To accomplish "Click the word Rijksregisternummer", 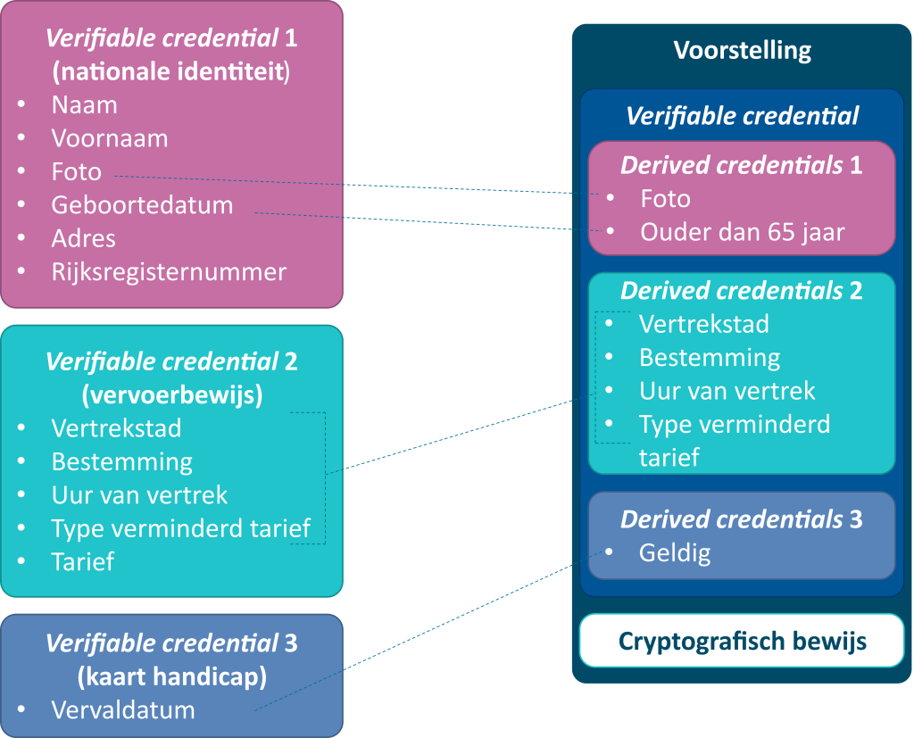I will click(x=169, y=272).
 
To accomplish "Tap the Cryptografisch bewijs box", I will click(x=742, y=641).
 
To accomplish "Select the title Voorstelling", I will click(x=742, y=49).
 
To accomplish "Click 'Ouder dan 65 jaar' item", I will click(x=743, y=232).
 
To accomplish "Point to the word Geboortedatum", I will click(x=142, y=204).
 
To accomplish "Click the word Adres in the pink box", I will click(x=84, y=238).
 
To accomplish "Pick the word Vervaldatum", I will click(x=122, y=710).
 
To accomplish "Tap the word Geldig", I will click(x=675, y=553).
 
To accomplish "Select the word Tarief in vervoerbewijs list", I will click(x=83, y=561).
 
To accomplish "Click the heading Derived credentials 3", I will click(x=741, y=519).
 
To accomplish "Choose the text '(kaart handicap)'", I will click(x=171, y=677).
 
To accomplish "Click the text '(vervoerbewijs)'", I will click(x=171, y=395).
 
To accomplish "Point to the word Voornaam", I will click(x=110, y=138).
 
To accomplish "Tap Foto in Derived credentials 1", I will click(x=665, y=198).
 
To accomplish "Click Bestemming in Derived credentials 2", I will click(x=710, y=358).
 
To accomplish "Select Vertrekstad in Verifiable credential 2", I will click(x=116, y=427).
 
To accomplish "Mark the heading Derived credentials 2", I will click(x=741, y=291).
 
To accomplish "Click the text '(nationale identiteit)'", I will click(x=171, y=71).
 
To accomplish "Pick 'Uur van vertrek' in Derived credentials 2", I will click(x=727, y=391).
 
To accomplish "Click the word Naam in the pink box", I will click(x=84, y=104).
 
